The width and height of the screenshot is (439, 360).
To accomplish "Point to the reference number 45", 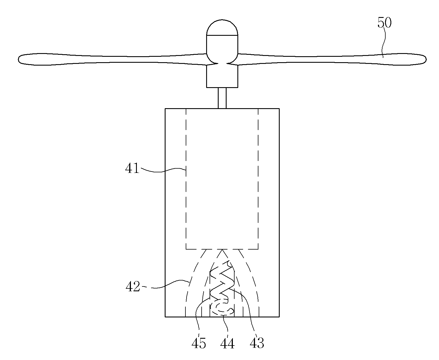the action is click(199, 343).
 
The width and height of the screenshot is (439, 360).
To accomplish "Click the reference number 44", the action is click(227, 343).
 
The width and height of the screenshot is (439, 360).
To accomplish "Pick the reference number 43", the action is click(257, 343).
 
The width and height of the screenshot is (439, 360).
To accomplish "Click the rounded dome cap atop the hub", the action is click(222, 28).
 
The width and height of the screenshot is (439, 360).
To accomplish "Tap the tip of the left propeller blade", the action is click(18, 60).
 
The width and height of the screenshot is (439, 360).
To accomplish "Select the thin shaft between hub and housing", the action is click(222, 98).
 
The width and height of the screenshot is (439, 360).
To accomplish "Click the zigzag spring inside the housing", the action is click(222, 281).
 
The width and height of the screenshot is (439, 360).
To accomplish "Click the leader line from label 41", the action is click(163, 170).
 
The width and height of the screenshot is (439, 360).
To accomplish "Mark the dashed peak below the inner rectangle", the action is click(222, 249).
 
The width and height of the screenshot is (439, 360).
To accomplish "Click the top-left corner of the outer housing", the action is click(165, 109).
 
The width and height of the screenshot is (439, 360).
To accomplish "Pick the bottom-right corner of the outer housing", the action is click(279, 317).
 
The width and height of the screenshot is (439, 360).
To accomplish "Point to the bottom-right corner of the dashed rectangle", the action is click(258, 249).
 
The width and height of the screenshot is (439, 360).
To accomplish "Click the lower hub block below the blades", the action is click(222, 76).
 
